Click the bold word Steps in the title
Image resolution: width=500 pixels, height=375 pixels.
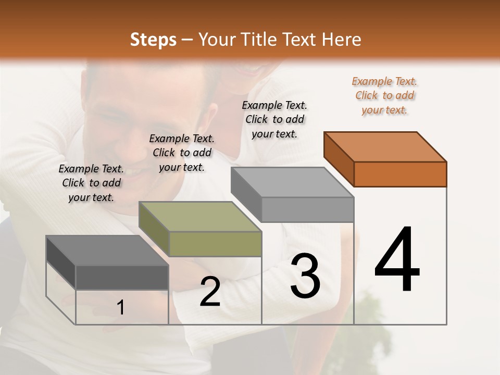pyautogui.click(x=153, y=40)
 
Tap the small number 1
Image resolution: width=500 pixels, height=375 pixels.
pyautogui.click(x=121, y=308)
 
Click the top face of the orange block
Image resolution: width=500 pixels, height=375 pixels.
pyautogui.click(x=385, y=147)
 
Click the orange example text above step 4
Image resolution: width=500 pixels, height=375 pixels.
pyautogui.click(x=384, y=95)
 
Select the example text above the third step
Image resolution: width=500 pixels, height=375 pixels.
pyautogui.click(x=274, y=119)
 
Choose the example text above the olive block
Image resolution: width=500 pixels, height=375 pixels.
pyautogui.click(x=182, y=153)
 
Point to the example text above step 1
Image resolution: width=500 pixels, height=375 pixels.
pyautogui.click(x=91, y=183)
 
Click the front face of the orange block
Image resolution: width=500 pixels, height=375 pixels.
pyautogui.click(x=400, y=174)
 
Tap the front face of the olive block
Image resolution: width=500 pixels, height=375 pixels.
pyautogui.click(x=215, y=244)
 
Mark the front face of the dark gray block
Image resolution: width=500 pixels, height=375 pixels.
pyautogui.click(x=122, y=277)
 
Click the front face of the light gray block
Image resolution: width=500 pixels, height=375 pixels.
pyautogui.click(x=307, y=209)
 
